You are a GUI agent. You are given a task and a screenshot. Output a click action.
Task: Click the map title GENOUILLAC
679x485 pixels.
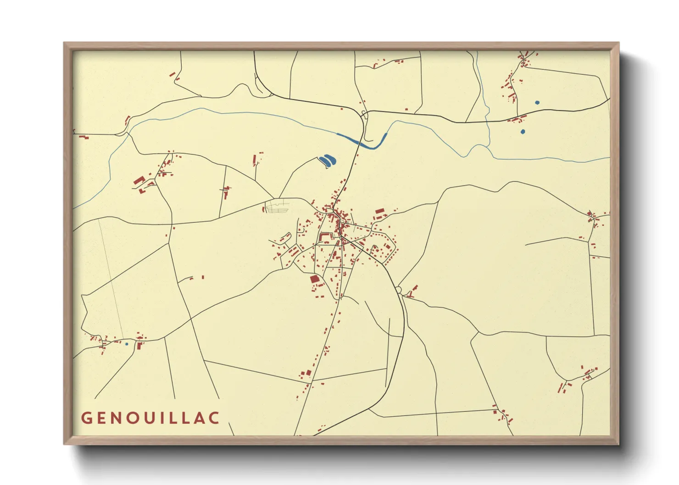coord(150,418)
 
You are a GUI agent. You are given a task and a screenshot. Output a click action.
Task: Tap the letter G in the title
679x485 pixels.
coord(86,418)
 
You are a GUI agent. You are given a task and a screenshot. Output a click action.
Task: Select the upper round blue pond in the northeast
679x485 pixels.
coord(537,103)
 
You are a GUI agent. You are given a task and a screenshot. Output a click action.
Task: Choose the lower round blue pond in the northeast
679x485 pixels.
coord(523,132)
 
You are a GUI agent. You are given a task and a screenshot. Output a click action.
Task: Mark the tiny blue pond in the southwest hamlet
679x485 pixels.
coord(127,344)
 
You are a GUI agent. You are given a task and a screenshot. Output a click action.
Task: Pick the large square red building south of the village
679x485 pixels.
coord(315,279)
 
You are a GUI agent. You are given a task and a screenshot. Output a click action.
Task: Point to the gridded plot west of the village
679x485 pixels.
coord(277,208)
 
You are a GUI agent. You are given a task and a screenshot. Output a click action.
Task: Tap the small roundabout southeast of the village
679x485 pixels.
coord(399,289)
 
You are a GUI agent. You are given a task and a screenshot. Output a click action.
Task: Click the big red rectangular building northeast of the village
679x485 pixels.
coord(379,212)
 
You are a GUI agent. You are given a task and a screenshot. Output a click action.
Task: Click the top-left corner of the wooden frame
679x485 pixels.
coord(64,43)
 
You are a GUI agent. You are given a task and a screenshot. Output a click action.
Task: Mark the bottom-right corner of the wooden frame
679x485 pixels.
coord(618,444)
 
